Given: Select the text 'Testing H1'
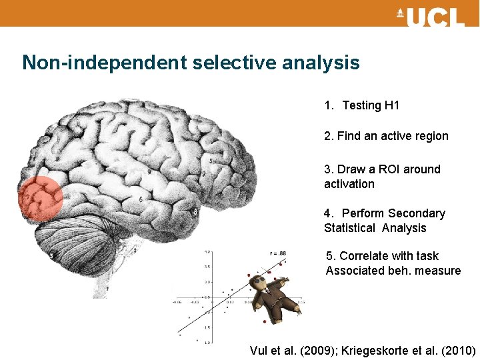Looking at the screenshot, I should pyautogui.click(x=371, y=105).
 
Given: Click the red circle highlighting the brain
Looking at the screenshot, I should pyautogui.click(x=40, y=199).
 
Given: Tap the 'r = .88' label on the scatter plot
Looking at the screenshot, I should pyautogui.click(x=277, y=253).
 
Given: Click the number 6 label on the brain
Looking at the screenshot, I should pyautogui.click(x=140, y=199).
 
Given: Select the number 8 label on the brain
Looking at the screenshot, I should pyautogui.click(x=194, y=212).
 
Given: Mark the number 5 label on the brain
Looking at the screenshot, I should pyautogui.click(x=211, y=161).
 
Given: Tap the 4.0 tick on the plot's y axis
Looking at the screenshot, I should pyautogui.click(x=208, y=252).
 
